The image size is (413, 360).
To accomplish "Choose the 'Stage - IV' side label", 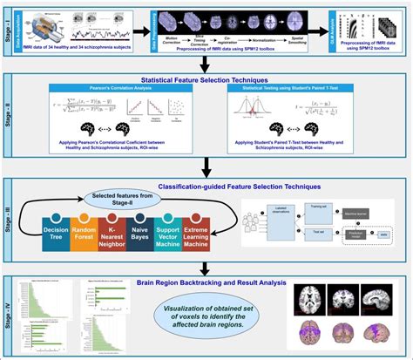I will pyautogui.click(x=10, y=312).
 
